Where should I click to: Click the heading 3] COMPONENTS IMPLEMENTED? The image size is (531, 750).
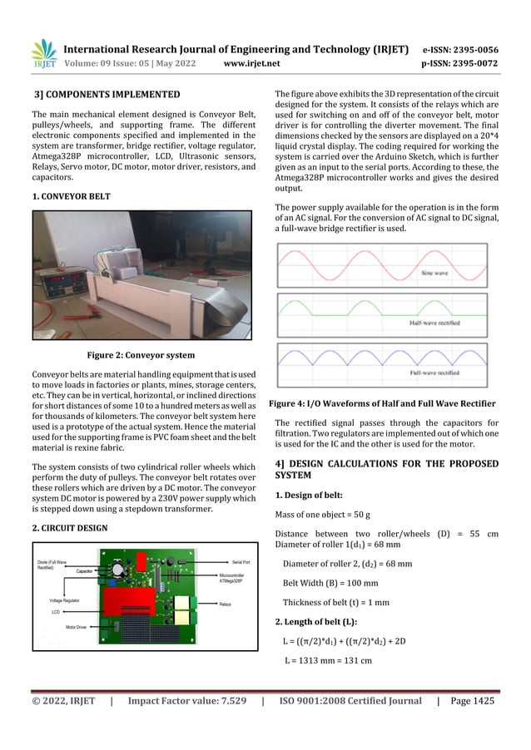(x=106, y=96)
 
